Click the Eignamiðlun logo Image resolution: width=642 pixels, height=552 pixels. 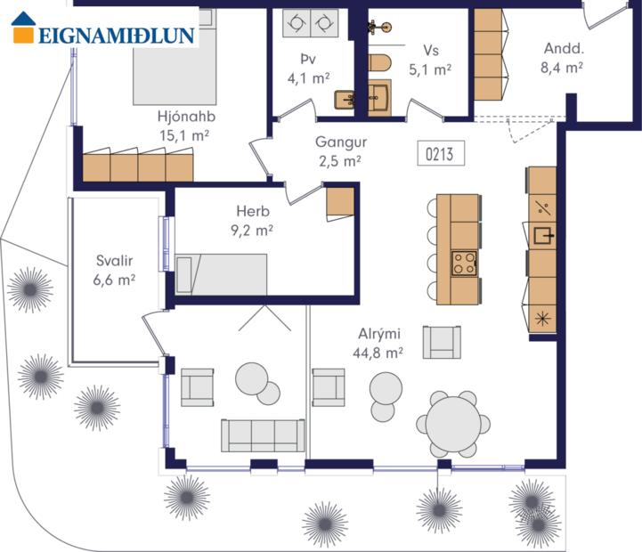coord(102,28)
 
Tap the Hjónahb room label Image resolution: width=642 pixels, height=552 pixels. coord(186,126)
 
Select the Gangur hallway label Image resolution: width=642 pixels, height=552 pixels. coord(339,151)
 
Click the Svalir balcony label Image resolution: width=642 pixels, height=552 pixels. coord(115,270)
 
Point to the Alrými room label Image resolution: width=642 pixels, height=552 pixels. coord(379,342)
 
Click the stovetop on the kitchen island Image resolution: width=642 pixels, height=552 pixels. coord(464,262)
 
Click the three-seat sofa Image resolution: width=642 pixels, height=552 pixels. coord(261,434)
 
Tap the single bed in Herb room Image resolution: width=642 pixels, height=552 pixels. coord(221,274)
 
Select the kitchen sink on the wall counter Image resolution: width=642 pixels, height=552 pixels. coord(542,236)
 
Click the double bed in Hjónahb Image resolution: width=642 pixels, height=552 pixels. coord(175,62)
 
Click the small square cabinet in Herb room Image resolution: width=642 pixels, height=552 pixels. coord(340,201)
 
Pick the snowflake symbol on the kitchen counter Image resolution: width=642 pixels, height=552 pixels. coord(541,317)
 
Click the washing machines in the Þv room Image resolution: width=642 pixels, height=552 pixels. coord(310,23)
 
